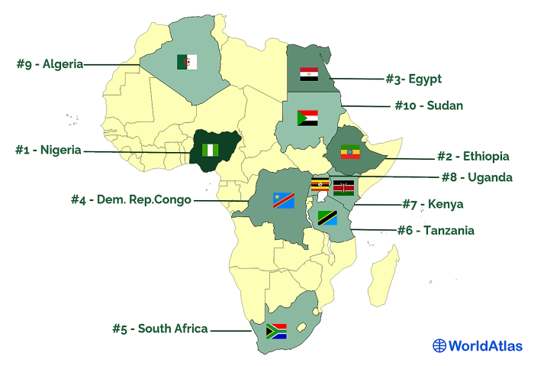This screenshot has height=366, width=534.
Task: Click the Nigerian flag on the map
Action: (210, 151)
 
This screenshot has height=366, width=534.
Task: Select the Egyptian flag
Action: (309, 74)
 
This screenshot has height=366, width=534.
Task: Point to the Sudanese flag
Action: (307, 118)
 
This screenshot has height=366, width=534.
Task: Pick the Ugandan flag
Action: (320, 187)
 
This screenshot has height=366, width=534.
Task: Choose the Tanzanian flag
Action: (328, 218)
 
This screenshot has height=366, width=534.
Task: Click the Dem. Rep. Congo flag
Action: (283, 200)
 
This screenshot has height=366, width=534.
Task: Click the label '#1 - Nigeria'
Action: (48, 150)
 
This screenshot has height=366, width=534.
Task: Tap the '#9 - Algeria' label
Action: (50, 64)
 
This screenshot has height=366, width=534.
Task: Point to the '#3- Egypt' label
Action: (413, 78)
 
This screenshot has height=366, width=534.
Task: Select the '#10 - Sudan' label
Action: (428, 105)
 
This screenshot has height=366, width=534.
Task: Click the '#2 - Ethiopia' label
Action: (473, 157)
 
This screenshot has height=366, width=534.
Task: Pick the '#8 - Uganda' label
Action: (477, 177)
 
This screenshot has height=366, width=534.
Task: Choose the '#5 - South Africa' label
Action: (159, 329)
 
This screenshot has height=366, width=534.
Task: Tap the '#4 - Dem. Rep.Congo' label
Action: (131, 200)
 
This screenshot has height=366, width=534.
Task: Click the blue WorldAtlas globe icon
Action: (439, 345)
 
